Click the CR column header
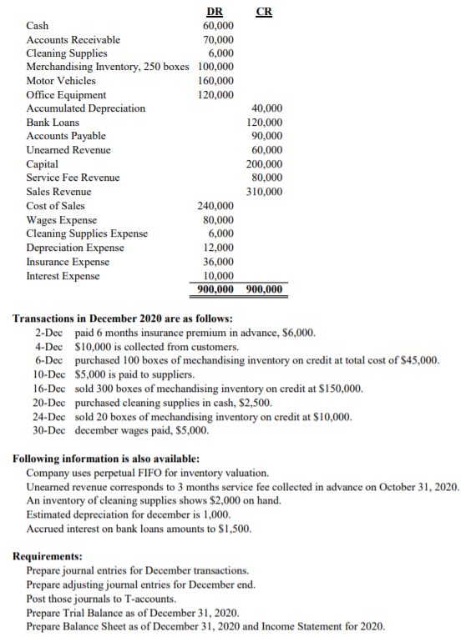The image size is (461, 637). (x=264, y=11)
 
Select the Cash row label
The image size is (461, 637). (x=38, y=26)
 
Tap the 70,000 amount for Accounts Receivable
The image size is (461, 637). (x=219, y=39)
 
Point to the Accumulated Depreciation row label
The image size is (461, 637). (x=86, y=108)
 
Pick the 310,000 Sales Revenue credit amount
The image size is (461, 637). (x=265, y=192)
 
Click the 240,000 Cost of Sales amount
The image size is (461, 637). (x=216, y=206)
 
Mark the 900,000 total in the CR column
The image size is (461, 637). (x=265, y=290)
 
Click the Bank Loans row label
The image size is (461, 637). (x=53, y=123)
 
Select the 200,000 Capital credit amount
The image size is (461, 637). (x=265, y=164)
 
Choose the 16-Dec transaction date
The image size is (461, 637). (x=48, y=389)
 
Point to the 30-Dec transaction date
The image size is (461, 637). (x=48, y=431)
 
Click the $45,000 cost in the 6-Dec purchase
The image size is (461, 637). (x=421, y=360)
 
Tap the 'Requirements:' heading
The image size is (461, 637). (x=48, y=556)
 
